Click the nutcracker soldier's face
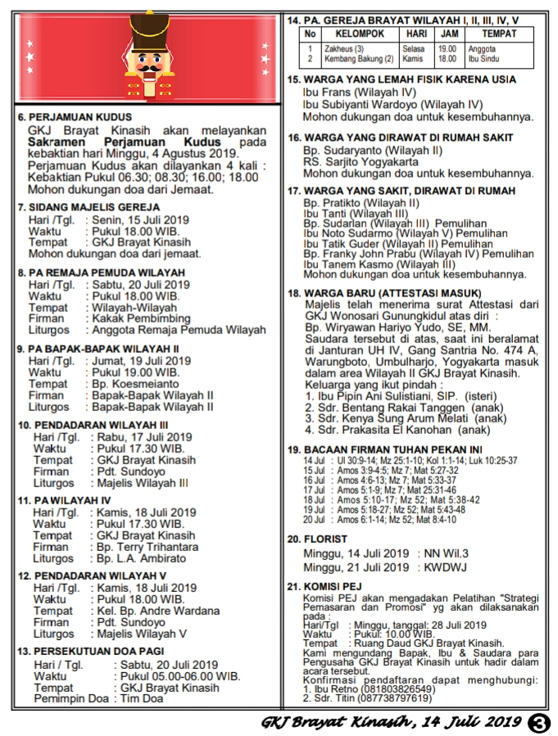click(x=149, y=62)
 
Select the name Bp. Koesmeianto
click(x=135, y=383)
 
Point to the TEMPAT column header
click(x=499, y=34)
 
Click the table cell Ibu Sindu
click(x=484, y=59)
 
